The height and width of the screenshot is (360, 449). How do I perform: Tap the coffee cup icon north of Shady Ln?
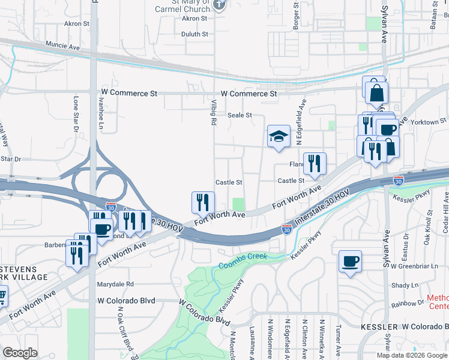click(350, 262)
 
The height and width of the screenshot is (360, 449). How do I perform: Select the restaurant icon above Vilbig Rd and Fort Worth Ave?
click(203, 202)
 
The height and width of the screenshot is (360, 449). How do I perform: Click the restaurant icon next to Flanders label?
click(315, 163)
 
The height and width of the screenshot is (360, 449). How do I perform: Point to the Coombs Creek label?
click(244, 261)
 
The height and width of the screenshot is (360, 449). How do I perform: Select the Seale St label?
click(239, 115)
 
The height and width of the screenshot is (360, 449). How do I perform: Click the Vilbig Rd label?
click(213, 112)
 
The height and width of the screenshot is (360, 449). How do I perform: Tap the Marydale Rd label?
click(117, 284)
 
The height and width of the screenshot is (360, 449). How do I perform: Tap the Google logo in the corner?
click(20, 353)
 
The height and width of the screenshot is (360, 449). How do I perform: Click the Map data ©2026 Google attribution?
click(412, 355)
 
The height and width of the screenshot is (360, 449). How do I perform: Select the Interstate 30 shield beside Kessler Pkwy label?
click(287, 229)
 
